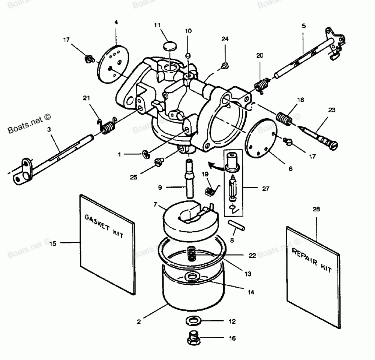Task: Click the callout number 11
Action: coord(157,25)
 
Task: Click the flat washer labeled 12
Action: coord(192,321)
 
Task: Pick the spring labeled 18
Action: coord(284,119)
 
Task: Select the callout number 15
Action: coord(53,243)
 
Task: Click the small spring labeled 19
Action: coord(211,189)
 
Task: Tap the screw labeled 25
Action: coord(159,162)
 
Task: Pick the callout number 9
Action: coord(160,187)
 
